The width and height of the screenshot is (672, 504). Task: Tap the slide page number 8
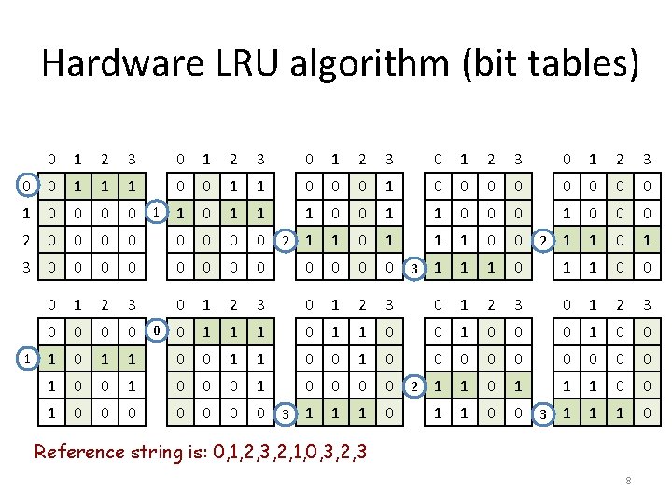(x=628, y=481)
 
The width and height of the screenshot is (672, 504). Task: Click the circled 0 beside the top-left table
(x=30, y=188)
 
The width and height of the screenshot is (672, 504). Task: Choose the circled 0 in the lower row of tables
(x=158, y=331)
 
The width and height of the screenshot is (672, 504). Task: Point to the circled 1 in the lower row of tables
(x=30, y=358)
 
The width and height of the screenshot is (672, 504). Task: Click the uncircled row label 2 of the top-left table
(x=30, y=242)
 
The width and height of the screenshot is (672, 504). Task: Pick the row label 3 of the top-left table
(x=30, y=269)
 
